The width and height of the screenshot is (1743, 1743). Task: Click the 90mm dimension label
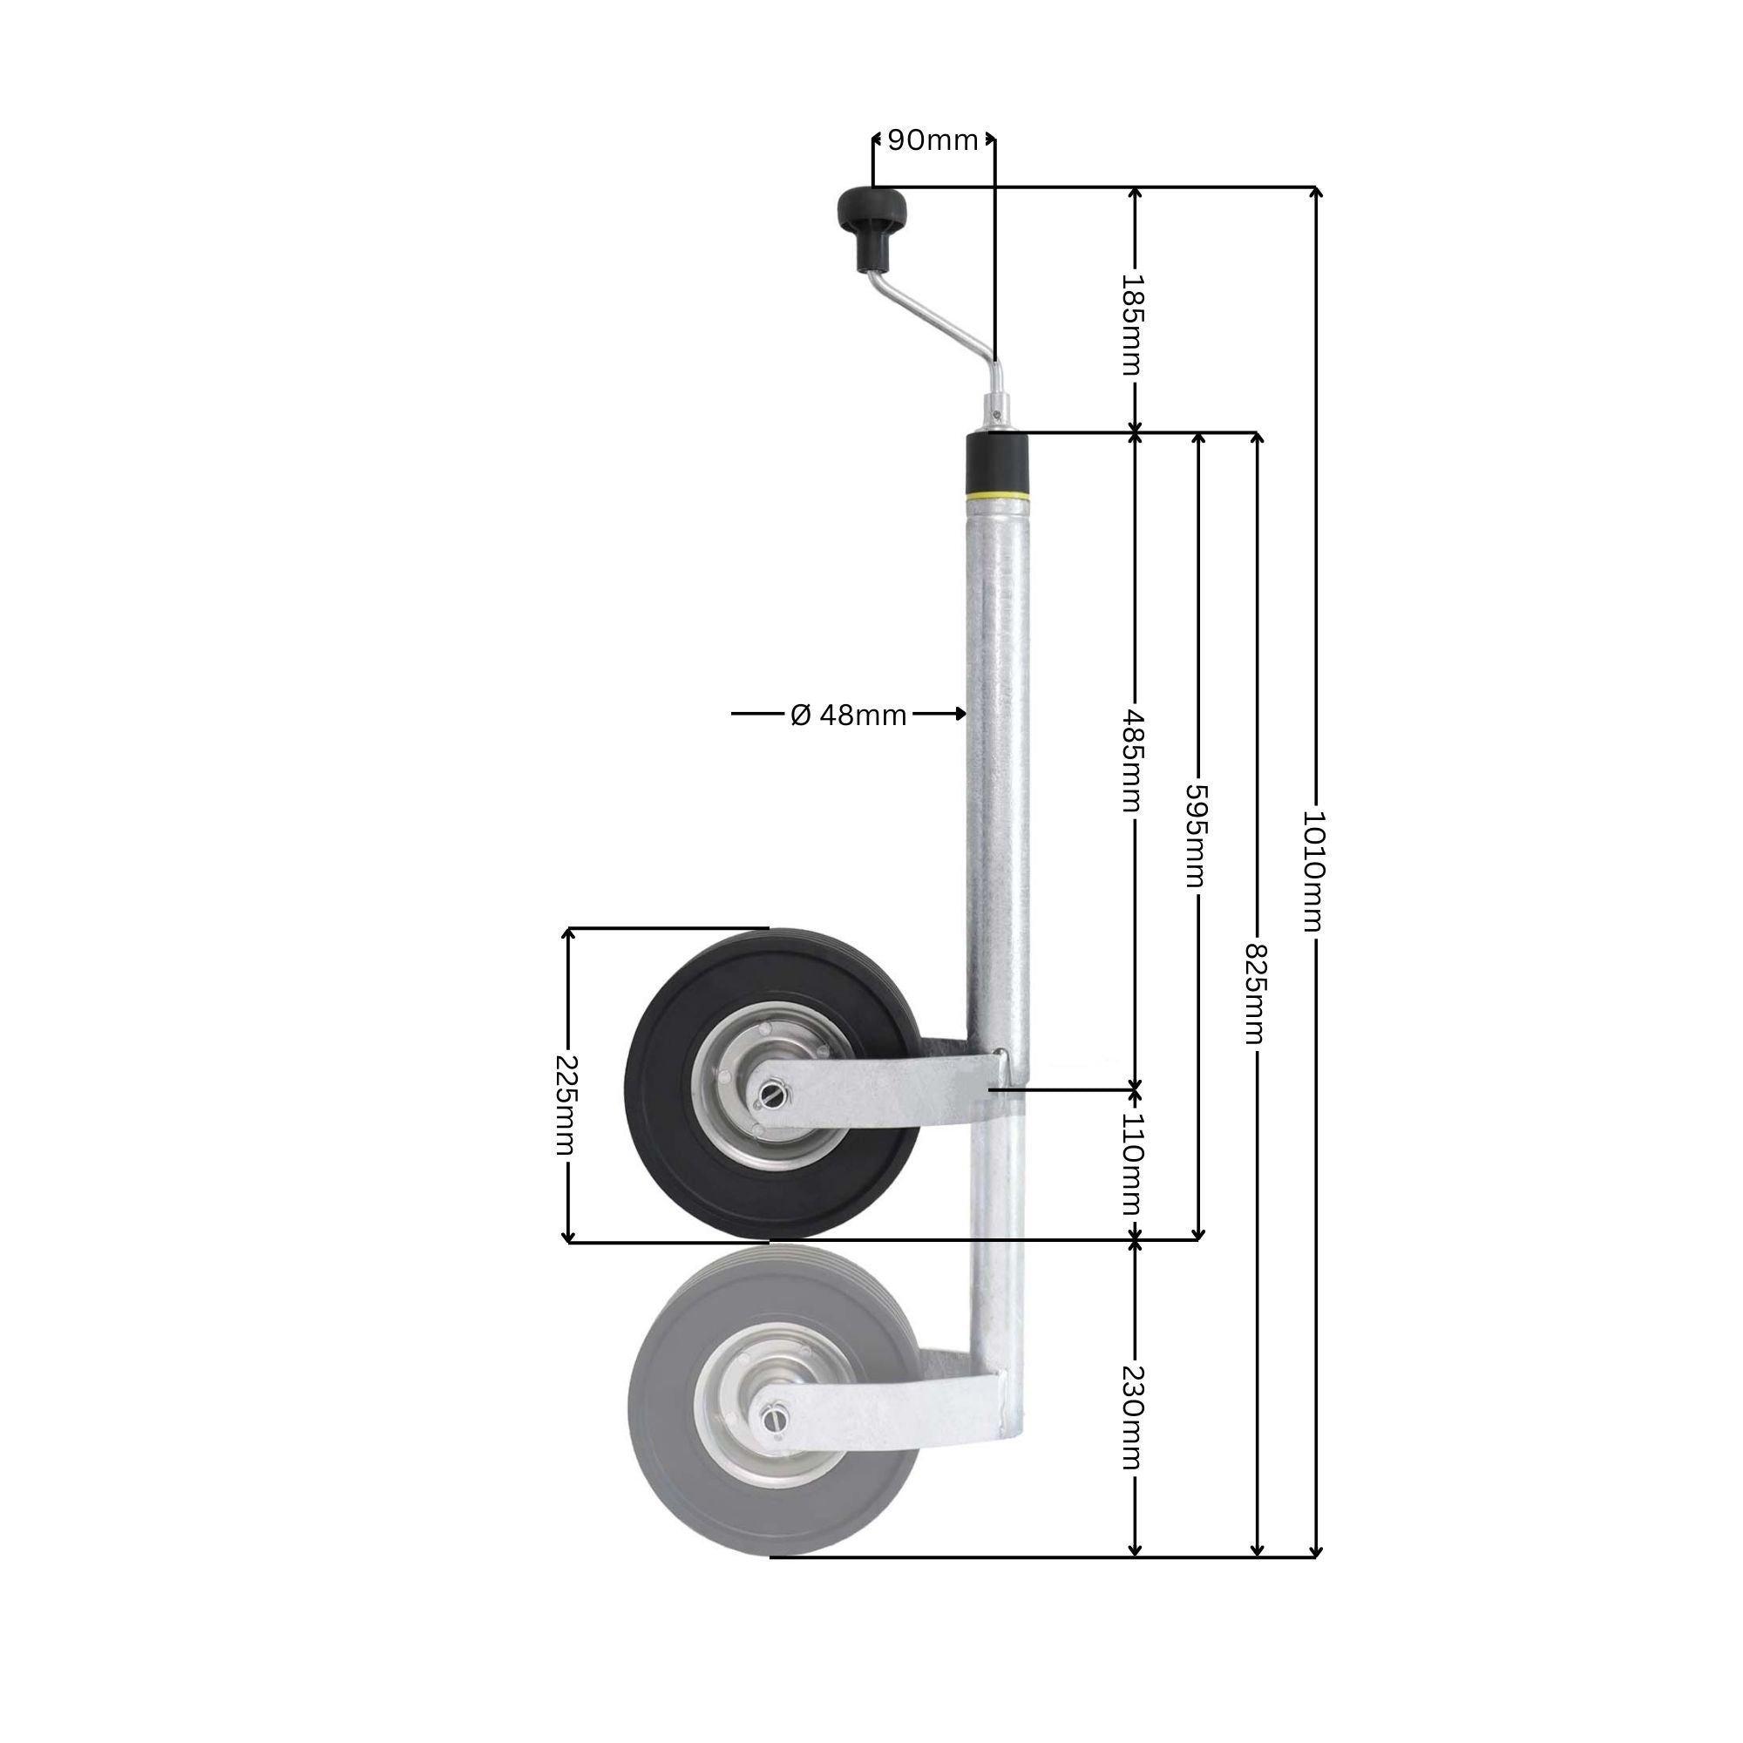933,140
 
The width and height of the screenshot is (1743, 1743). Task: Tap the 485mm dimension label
1132,760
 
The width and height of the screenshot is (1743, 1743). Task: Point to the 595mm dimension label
1196,835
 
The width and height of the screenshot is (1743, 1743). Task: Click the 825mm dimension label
1255,994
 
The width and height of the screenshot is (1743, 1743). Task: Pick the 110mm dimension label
1132,1163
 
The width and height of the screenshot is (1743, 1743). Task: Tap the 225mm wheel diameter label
566,1104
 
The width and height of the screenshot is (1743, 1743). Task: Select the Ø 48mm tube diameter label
848,715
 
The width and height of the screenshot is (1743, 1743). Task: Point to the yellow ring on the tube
997,495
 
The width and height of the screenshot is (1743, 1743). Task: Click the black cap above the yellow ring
997,462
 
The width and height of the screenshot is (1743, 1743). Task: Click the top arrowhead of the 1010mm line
1315,192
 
